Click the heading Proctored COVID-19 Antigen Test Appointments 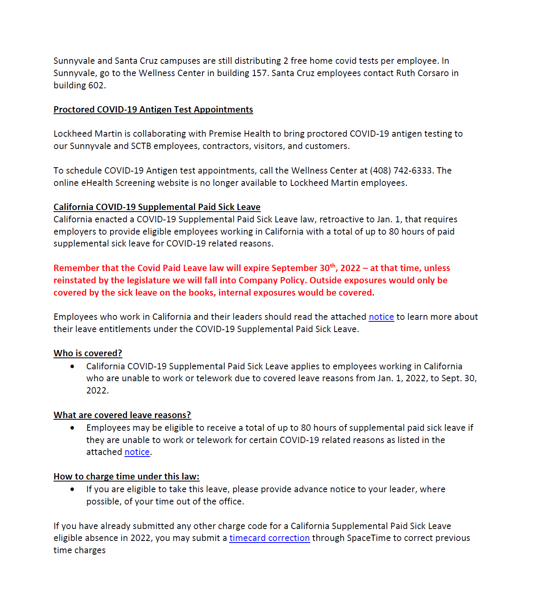[x=153, y=110]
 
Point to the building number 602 [x=96, y=86]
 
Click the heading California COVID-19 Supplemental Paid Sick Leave [x=157, y=207]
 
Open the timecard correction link [x=269, y=538]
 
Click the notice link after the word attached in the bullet [x=137, y=452]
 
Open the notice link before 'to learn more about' [x=381, y=317]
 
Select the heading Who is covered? [x=88, y=353]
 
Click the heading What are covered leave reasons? [x=122, y=415]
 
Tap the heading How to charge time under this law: [x=126, y=477]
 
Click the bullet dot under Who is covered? [x=72, y=367]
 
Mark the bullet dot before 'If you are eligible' [x=72, y=489]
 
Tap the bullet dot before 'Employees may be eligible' [x=72, y=428]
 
